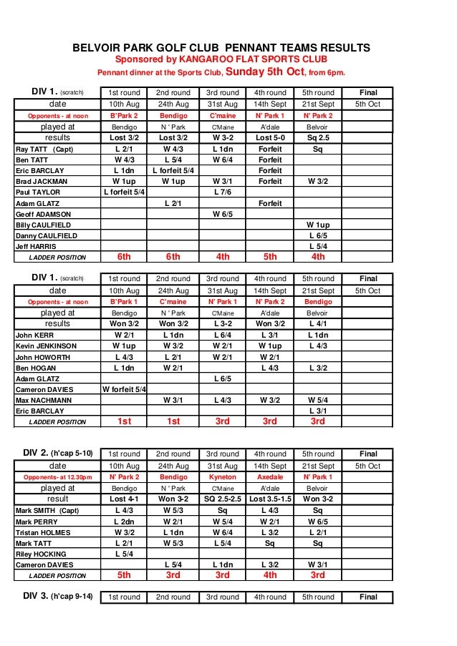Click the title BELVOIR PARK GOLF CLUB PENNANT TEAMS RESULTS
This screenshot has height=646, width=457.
click(x=221, y=48)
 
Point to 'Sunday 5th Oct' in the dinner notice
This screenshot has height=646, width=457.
click(x=265, y=72)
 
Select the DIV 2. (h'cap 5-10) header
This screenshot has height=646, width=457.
click(x=57, y=454)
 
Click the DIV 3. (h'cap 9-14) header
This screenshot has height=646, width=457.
click(x=57, y=597)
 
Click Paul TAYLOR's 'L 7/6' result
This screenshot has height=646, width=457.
click(x=222, y=192)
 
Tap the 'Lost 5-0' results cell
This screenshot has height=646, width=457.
click(x=270, y=137)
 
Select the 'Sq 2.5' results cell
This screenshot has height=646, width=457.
click(x=318, y=137)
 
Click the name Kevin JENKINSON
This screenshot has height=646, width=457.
click(x=46, y=346)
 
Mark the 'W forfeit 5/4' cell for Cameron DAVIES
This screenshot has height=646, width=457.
click(x=125, y=389)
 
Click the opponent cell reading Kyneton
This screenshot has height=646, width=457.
click(x=222, y=477)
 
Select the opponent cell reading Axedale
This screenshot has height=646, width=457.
click(x=270, y=477)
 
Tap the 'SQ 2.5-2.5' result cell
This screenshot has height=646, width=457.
click(x=222, y=499)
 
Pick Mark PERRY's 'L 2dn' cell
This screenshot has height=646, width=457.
click(x=125, y=522)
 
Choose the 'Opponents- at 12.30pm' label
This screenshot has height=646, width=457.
click(x=57, y=477)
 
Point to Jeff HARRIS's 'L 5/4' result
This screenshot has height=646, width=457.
click(x=318, y=246)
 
